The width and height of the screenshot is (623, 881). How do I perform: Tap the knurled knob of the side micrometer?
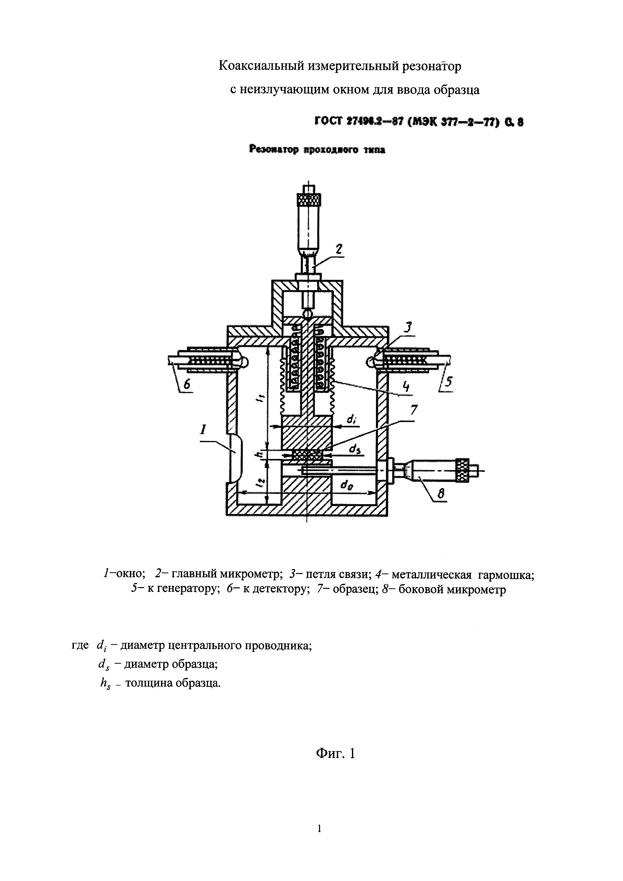click(463, 471)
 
